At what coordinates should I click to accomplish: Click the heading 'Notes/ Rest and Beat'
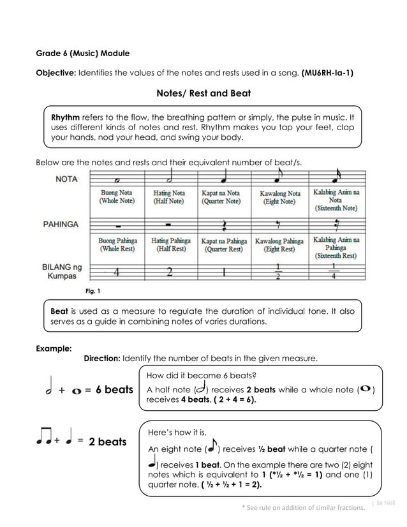coord(204,93)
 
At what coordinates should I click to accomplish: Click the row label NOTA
coord(66,179)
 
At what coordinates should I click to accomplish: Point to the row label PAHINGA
coord(61,224)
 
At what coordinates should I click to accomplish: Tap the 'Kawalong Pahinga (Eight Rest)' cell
coord(279,246)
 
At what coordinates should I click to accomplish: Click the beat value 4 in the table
coord(117,272)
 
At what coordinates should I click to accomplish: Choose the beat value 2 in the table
coord(170,272)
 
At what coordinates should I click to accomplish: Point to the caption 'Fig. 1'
coord(93,291)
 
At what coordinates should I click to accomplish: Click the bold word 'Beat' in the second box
coord(59,311)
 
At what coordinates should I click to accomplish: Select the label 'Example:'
coord(54,348)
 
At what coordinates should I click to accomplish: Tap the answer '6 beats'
coord(114,389)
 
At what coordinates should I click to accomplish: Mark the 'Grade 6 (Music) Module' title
coord(82,52)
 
